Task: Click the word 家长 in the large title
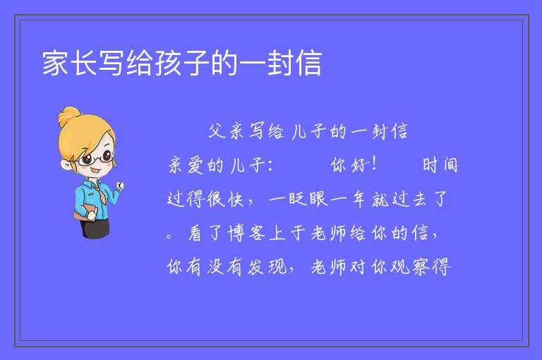pos(69,63)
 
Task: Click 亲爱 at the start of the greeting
pos(186,165)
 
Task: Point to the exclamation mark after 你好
pos(373,164)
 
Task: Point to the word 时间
pos(440,165)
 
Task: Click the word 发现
pos(267,267)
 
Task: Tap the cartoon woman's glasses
pos(96,158)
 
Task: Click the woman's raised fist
pos(119,186)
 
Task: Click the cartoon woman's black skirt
pos(95,228)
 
